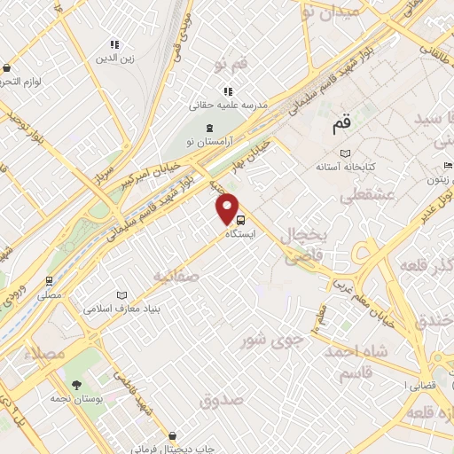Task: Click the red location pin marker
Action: click(229, 207)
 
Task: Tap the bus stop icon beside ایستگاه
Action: click(241, 221)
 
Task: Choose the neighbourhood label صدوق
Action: click(221, 401)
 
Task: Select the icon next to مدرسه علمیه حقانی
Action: click(228, 90)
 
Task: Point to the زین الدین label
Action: click(114, 59)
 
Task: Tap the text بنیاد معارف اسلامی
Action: click(122, 309)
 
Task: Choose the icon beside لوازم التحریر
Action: click(7, 67)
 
